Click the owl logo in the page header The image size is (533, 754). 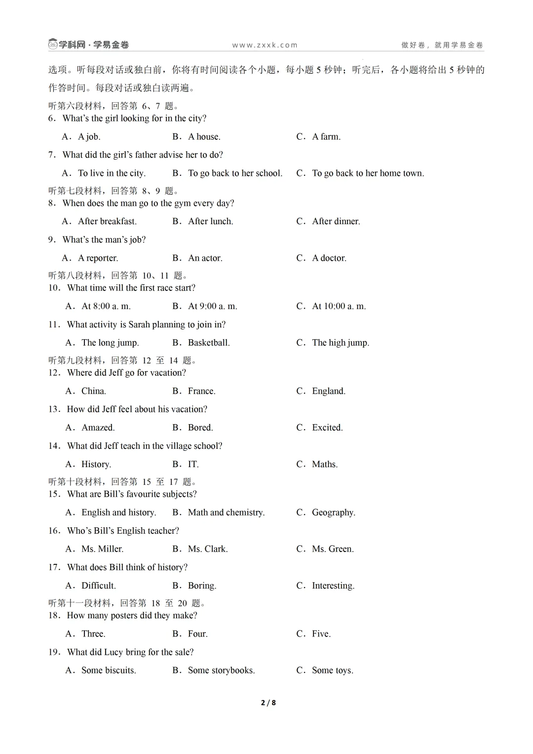click(53, 44)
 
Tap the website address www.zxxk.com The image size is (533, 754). click(265, 45)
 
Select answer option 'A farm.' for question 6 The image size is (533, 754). click(326, 137)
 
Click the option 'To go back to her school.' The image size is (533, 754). click(235, 173)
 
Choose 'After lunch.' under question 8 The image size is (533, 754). click(210, 221)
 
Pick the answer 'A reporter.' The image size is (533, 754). click(98, 258)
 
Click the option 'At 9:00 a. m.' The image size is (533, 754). click(212, 306)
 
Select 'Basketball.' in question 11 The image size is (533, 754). click(208, 343)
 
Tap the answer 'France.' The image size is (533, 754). click(201, 391)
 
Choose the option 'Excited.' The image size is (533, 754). click(327, 428)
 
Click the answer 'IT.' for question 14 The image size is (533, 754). click(193, 464)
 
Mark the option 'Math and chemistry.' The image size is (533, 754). click(226, 513)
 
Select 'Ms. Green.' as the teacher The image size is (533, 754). click(332, 549)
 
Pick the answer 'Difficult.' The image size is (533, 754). click(98, 586)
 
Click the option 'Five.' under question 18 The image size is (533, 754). click(321, 634)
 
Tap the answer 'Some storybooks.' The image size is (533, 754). click(221, 671)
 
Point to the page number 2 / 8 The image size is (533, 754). click(268, 703)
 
